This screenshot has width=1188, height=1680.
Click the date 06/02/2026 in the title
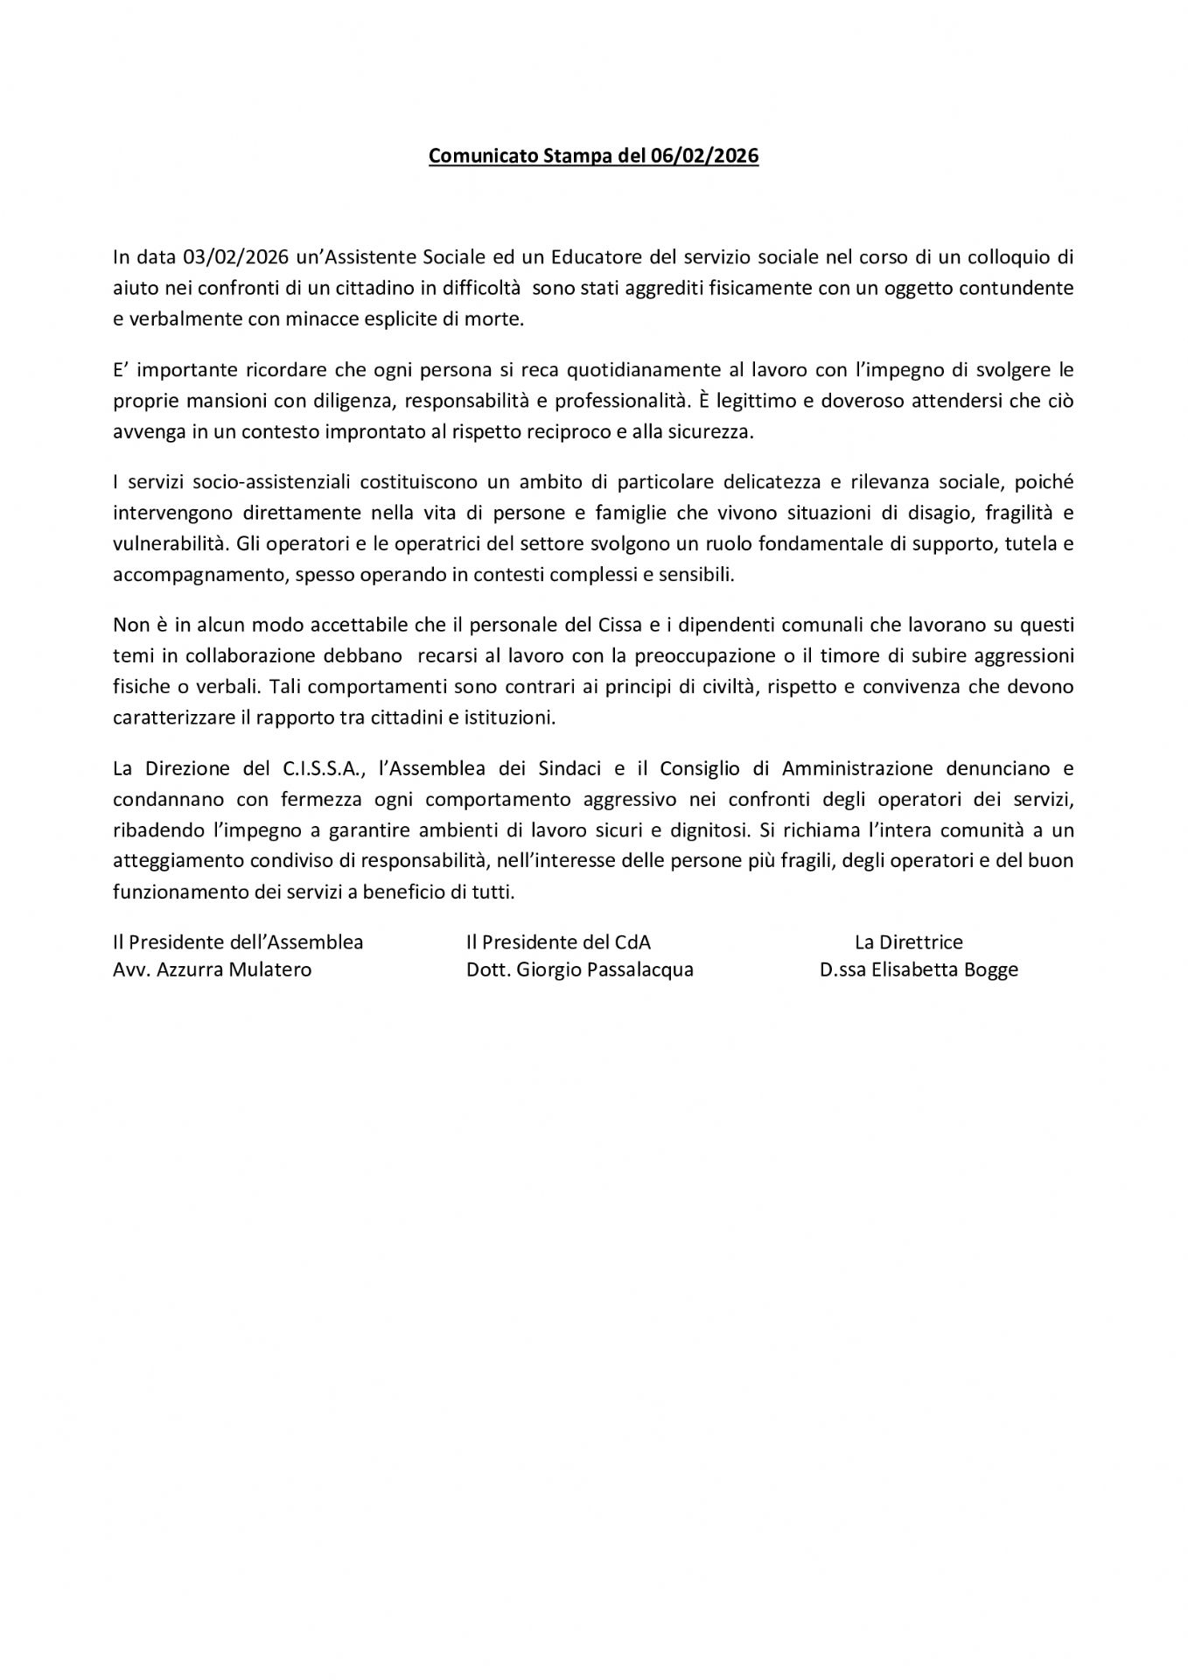[x=704, y=157]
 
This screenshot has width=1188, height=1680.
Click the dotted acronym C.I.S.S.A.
[x=323, y=769]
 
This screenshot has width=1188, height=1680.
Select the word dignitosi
[x=701, y=829]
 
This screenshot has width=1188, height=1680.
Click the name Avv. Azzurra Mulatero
[x=212, y=969]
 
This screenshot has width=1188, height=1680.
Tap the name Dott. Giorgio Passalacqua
[x=579, y=969]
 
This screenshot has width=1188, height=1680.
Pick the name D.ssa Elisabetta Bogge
[x=919, y=969]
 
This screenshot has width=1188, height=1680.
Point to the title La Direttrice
[x=908, y=942]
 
